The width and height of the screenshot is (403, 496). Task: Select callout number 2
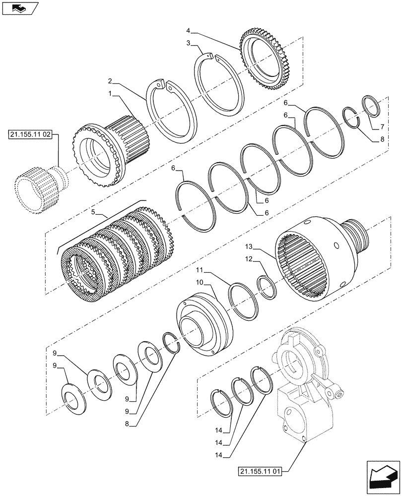(110, 80)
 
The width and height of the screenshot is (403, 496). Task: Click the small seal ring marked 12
(267, 288)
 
